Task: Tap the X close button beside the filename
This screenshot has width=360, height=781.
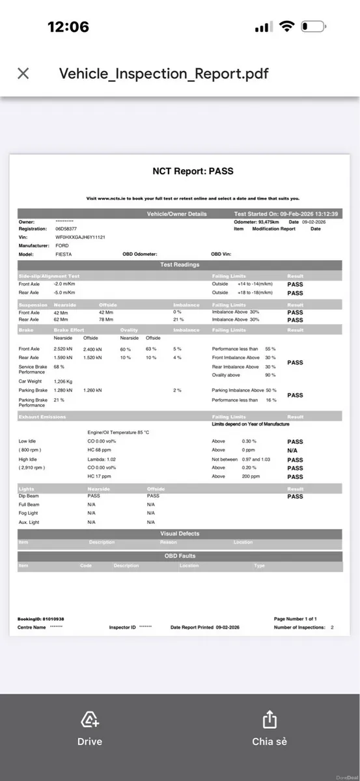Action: click(23, 74)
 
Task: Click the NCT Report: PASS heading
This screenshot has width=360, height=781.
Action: click(193, 172)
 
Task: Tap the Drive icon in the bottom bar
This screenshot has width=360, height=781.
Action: click(90, 720)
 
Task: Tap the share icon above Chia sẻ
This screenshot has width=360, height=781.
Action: click(270, 720)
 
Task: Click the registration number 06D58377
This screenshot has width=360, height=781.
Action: click(66, 229)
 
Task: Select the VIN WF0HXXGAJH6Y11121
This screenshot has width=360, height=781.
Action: click(80, 238)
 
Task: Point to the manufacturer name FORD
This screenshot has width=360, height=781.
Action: click(62, 246)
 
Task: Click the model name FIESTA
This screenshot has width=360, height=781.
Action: click(64, 254)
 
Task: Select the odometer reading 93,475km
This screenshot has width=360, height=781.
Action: click(265, 222)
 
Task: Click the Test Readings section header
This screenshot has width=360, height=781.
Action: click(180, 265)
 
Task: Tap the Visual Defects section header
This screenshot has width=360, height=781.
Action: click(180, 534)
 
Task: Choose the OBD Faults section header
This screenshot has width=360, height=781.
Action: click(180, 556)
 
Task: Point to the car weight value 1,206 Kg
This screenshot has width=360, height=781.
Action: click(63, 381)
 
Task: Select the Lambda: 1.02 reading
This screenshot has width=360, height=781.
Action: click(102, 459)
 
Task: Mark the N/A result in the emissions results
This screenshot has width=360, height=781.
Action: click(292, 450)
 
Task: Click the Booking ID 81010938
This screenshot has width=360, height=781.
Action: click(40, 619)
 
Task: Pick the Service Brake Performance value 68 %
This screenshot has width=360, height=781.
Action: click(59, 367)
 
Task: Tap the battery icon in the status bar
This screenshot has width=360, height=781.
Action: click(313, 27)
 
